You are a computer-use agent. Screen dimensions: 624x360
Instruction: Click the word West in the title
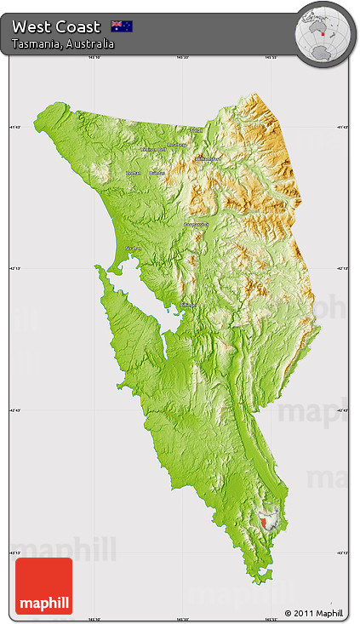(x=32, y=26)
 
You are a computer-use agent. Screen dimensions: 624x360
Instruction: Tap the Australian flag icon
(x=122, y=26)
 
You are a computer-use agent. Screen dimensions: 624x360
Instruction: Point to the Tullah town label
(x=197, y=130)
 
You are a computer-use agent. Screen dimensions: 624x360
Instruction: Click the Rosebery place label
(x=176, y=145)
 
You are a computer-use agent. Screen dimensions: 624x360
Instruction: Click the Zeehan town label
(x=133, y=173)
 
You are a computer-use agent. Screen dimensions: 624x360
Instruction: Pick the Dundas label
(x=157, y=173)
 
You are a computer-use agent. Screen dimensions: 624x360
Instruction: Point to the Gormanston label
(x=197, y=224)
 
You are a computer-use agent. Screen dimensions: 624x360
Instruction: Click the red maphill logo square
(x=43, y=586)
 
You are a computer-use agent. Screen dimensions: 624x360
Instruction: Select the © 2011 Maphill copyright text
(x=314, y=613)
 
